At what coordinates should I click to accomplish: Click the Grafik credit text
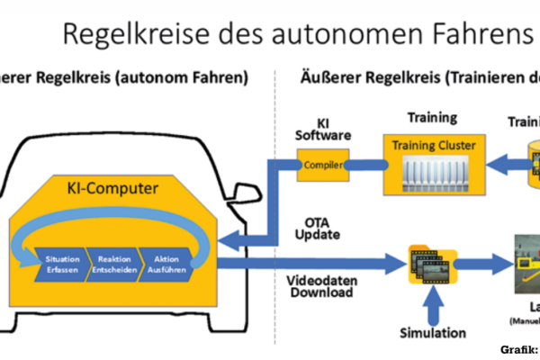(518, 349)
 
